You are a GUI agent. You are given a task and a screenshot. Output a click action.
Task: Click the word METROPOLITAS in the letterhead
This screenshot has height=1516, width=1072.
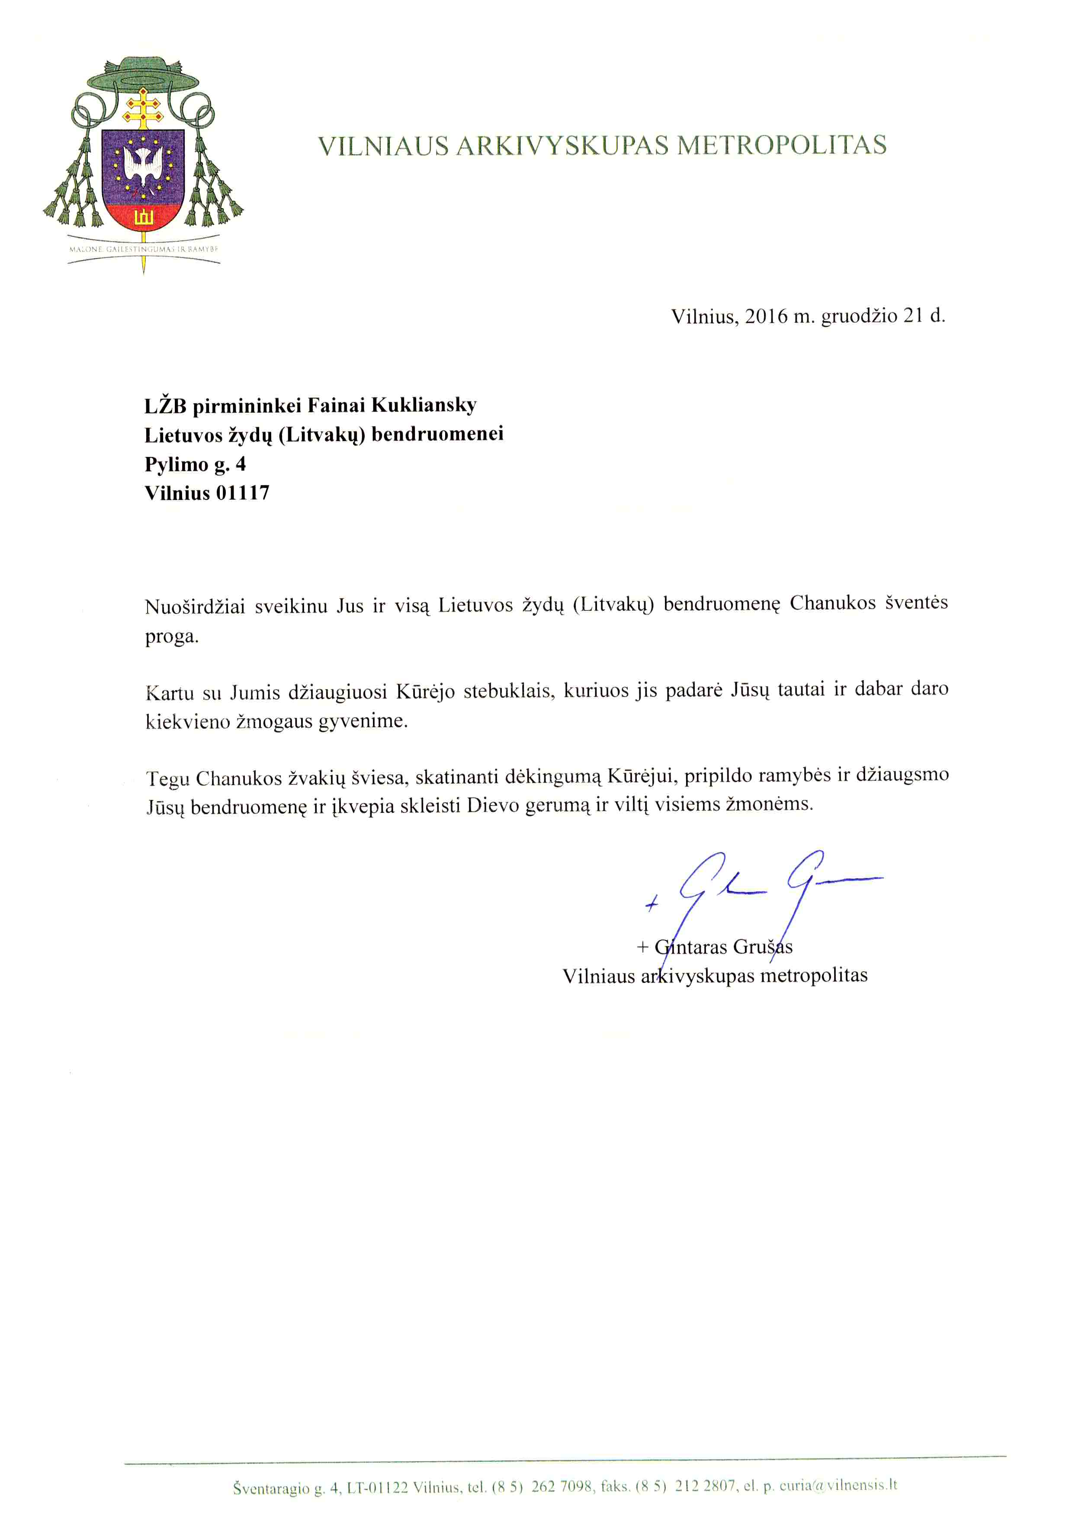[x=782, y=145]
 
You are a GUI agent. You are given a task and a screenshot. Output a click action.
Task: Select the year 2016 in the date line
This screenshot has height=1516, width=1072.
[x=767, y=316]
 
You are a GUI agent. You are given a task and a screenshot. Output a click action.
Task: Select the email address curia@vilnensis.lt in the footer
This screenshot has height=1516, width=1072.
[x=838, y=1485]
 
